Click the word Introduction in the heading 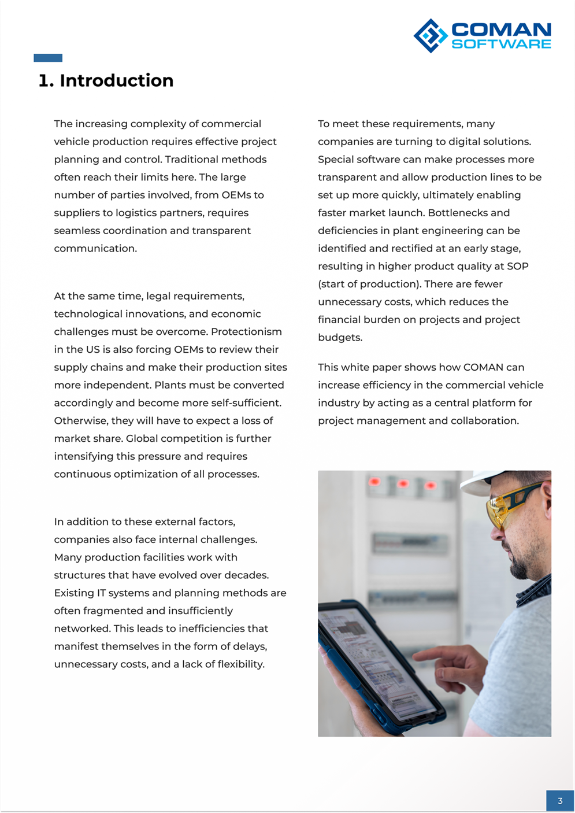click(116, 80)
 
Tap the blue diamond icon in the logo click(431, 36)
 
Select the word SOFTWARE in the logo click(501, 45)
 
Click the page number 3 click(560, 801)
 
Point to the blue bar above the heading click(48, 58)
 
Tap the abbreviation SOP click(518, 266)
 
